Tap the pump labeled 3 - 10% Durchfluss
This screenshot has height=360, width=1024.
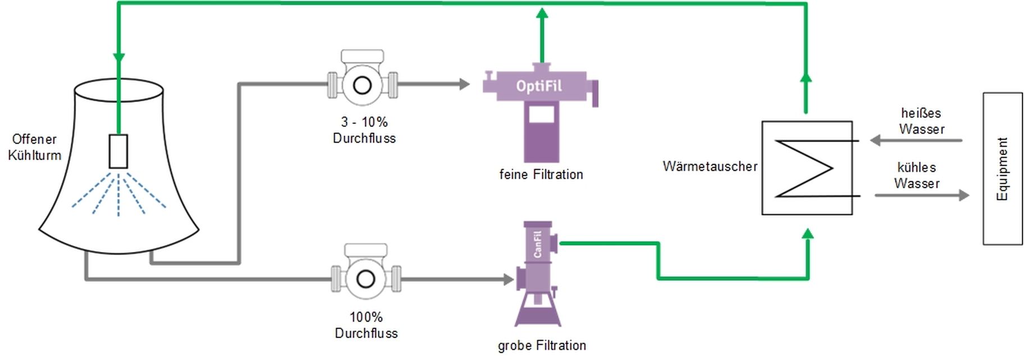coord(363,84)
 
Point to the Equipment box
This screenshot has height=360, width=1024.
coord(1002,168)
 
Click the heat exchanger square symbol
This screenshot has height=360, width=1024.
coord(807,168)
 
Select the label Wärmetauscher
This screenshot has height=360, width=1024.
coord(710,166)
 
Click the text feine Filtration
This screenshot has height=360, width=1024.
coord(541,175)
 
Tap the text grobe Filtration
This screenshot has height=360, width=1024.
coord(542,345)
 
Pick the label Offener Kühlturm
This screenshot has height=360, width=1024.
coord(34,147)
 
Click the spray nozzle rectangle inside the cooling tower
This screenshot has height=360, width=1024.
coord(118,151)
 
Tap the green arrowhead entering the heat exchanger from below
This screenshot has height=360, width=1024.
coord(807,234)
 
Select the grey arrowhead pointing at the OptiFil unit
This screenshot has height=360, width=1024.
coord(464,85)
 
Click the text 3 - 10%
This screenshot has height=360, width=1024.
coord(364,122)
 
